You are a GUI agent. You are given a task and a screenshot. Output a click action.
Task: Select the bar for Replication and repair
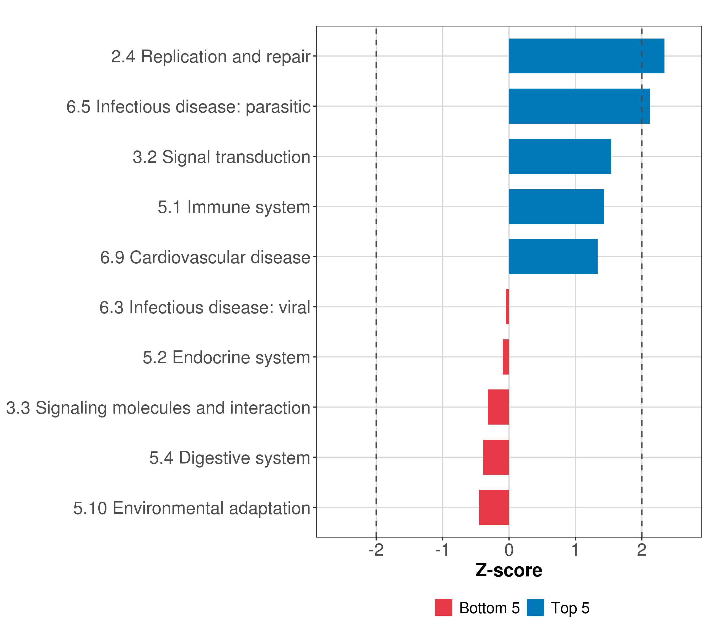pyautogui.click(x=586, y=56)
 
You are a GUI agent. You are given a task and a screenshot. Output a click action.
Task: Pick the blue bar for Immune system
pyautogui.click(x=556, y=207)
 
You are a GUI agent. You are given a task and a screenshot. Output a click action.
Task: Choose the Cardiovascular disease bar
pyautogui.click(x=553, y=257)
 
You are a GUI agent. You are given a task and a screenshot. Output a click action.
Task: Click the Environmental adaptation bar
pyautogui.click(x=494, y=507)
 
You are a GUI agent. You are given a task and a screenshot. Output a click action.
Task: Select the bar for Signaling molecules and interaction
pyautogui.click(x=498, y=407)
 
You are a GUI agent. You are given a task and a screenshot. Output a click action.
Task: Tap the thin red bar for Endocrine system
pyautogui.click(x=506, y=357)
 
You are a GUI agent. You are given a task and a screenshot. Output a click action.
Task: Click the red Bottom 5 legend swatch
pyautogui.click(x=443, y=608)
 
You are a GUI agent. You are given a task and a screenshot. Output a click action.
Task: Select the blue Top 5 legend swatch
pyautogui.click(x=535, y=608)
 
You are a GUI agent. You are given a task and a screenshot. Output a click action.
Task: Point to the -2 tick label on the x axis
pyautogui.click(x=376, y=550)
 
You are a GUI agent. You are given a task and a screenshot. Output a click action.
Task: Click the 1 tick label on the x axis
pyautogui.click(x=575, y=550)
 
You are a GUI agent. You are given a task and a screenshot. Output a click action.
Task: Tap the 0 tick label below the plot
pyautogui.click(x=509, y=550)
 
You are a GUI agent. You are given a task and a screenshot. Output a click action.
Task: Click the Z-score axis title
pyautogui.click(x=509, y=571)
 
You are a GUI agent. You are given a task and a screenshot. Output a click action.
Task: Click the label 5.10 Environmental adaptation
pyautogui.click(x=191, y=508)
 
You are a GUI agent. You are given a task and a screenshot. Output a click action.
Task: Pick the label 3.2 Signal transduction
pyautogui.click(x=221, y=157)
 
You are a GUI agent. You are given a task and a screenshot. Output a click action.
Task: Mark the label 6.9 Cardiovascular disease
pyautogui.click(x=205, y=257)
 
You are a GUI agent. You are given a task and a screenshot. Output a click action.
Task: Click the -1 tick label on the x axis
pyautogui.click(x=442, y=550)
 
